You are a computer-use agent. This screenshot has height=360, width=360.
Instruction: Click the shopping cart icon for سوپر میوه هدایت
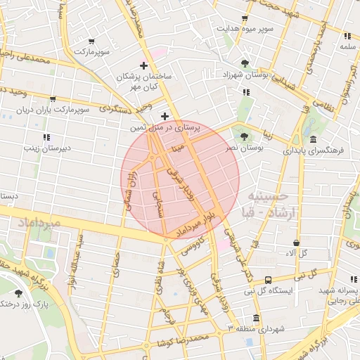tap(245, 19)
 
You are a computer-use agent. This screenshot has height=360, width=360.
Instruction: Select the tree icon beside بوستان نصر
tap(244, 136)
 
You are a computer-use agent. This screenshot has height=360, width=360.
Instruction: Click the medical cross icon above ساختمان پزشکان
tap(144, 65)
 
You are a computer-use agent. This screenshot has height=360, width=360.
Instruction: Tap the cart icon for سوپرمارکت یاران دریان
tap(53, 99)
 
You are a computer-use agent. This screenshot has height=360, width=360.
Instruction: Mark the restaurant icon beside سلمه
tap(347, 35)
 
